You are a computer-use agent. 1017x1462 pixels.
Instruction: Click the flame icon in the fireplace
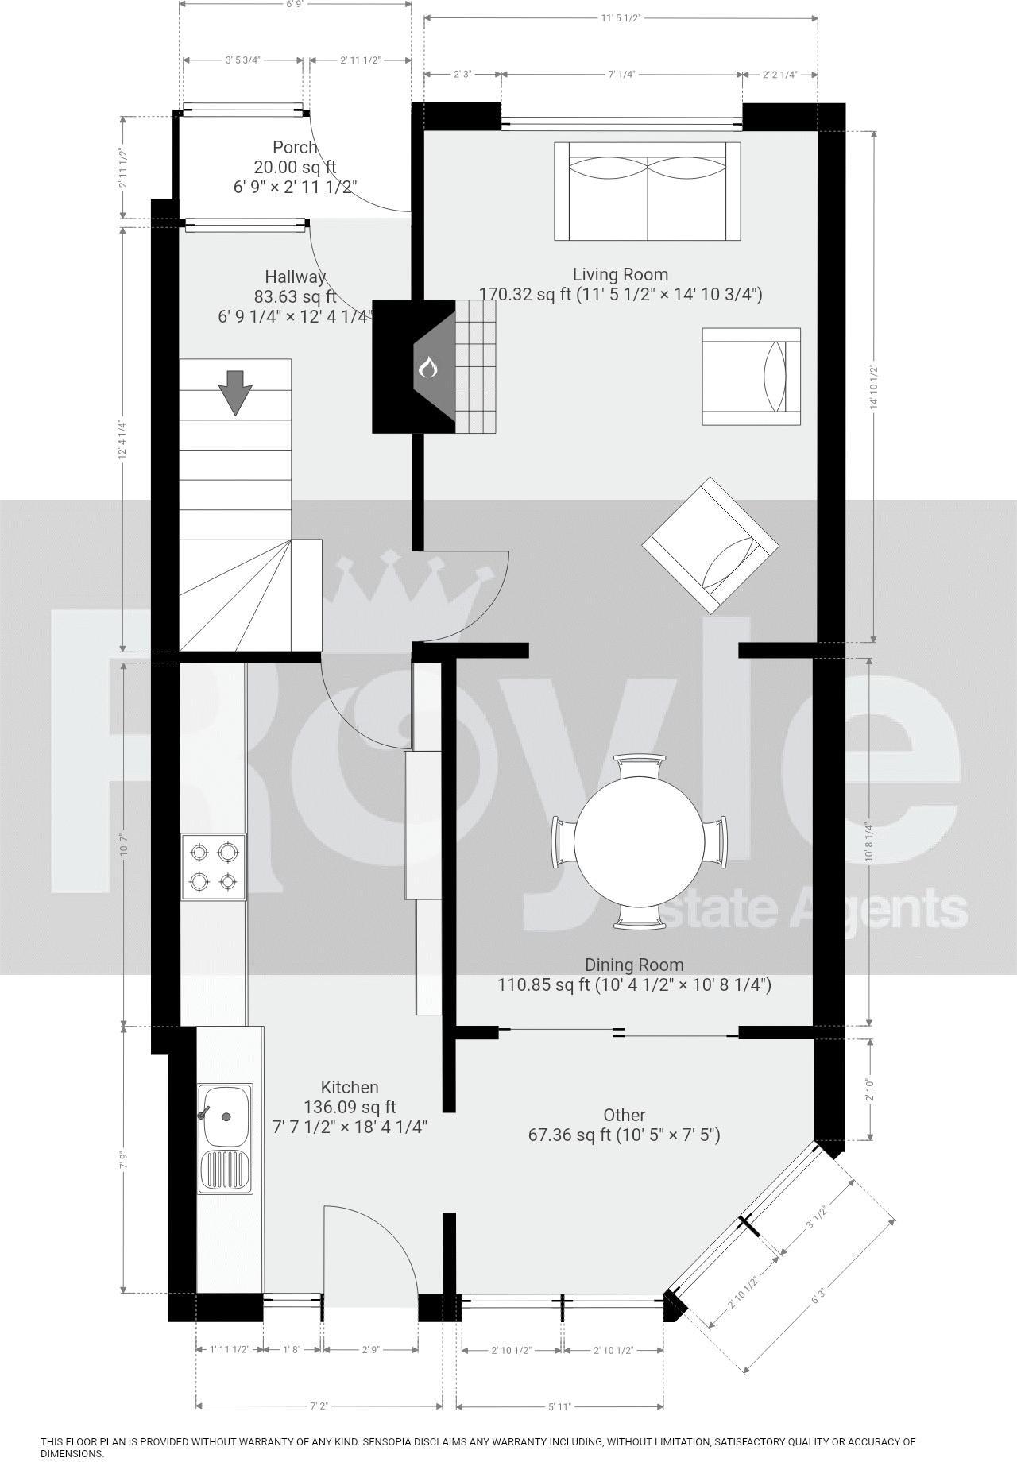[x=428, y=368]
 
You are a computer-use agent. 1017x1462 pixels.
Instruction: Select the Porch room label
[x=295, y=148]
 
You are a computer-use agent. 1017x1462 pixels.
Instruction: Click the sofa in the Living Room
[x=648, y=191]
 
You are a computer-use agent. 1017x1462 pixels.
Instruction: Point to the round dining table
[x=640, y=843]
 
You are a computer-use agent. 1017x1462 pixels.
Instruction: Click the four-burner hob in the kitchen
[x=214, y=867]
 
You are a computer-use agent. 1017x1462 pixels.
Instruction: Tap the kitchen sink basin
[x=225, y=1116]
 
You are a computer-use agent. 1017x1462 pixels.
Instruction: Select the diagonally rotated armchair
[x=710, y=545]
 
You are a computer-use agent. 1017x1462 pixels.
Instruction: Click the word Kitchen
[x=350, y=1087]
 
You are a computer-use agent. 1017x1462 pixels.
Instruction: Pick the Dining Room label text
[x=634, y=965]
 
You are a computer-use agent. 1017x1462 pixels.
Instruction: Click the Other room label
[x=624, y=1115]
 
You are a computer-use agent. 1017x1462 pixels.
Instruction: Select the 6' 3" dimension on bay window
[x=819, y=1300]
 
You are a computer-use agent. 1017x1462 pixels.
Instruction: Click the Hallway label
[x=296, y=277]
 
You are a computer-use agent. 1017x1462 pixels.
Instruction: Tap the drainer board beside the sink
[x=225, y=1171]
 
